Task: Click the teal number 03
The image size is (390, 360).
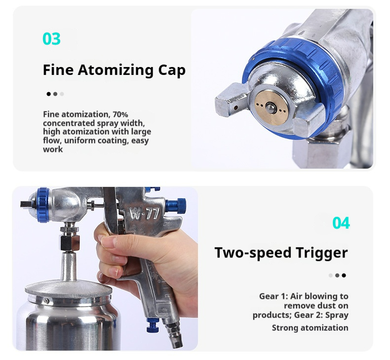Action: [x=51, y=39]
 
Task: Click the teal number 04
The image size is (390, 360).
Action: [x=341, y=223]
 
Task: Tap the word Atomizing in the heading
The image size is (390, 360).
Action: [x=116, y=71]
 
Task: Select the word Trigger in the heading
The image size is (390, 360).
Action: [x=321, y=253]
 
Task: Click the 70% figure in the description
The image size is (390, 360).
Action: [x=120, y=114]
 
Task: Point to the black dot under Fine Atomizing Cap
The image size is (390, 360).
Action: [x=48, y=94]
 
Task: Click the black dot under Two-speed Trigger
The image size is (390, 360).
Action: [x=344, y=275]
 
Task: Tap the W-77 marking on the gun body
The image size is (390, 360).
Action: [x=145, y=213]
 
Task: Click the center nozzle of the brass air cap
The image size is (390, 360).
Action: [x=270, y=108]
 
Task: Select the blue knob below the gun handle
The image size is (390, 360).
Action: [x=153, y=325]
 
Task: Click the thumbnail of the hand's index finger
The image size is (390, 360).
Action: [x=110, y=241]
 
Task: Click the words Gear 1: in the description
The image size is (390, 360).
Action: [x=273, y=296]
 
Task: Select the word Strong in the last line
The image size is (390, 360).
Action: [x=285, y=328]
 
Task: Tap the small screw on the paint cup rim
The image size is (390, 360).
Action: [x=46, y=301]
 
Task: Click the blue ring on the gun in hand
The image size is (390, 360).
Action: [x=43, y=205]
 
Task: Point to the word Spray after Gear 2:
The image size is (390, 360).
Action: [x=337, y=315]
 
